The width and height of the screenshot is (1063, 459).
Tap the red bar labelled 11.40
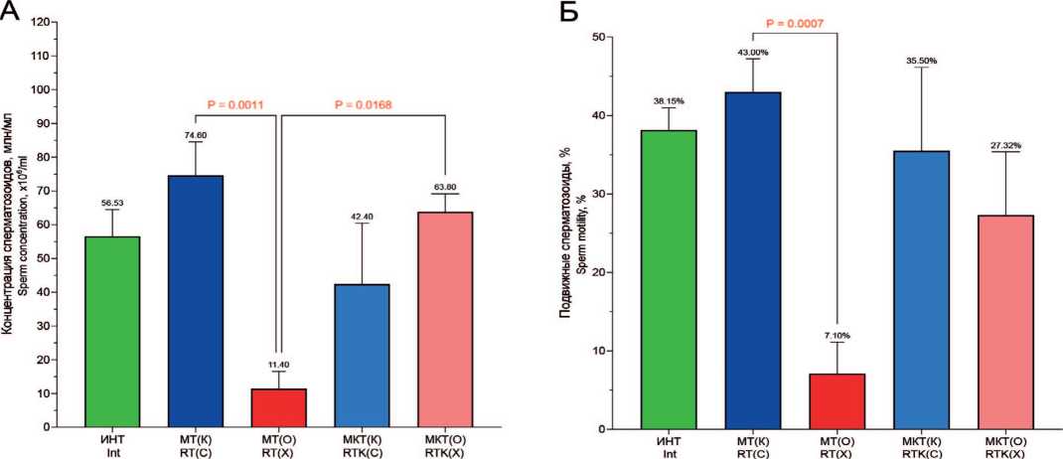click(x=277, y=407)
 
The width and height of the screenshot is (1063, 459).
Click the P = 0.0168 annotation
click(x=365, y=103)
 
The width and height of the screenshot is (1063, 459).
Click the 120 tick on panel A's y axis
click(x=40, y=22)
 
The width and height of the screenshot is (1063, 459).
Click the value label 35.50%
click(x=922, y=61)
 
